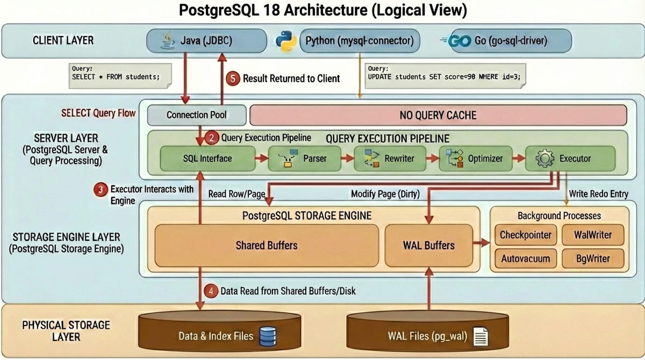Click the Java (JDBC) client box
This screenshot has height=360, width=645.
(207, 41)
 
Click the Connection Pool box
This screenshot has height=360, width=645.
(196, 115)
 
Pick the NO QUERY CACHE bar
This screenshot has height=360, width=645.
(438, 115)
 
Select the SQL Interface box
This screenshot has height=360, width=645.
(208, 159)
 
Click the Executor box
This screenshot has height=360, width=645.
(570, 159)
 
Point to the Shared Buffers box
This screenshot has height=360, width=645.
(267, 246)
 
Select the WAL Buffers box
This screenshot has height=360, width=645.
(428, 246)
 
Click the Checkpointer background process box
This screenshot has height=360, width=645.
(525, 235)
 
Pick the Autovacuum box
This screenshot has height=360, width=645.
(525, 258)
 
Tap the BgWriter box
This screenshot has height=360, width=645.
(593, 258)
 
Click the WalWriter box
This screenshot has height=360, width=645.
(593, 235)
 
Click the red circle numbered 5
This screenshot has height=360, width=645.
(233, 78)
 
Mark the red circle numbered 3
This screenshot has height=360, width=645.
(100, 190)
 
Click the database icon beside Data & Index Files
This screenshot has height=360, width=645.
(267, 336)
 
